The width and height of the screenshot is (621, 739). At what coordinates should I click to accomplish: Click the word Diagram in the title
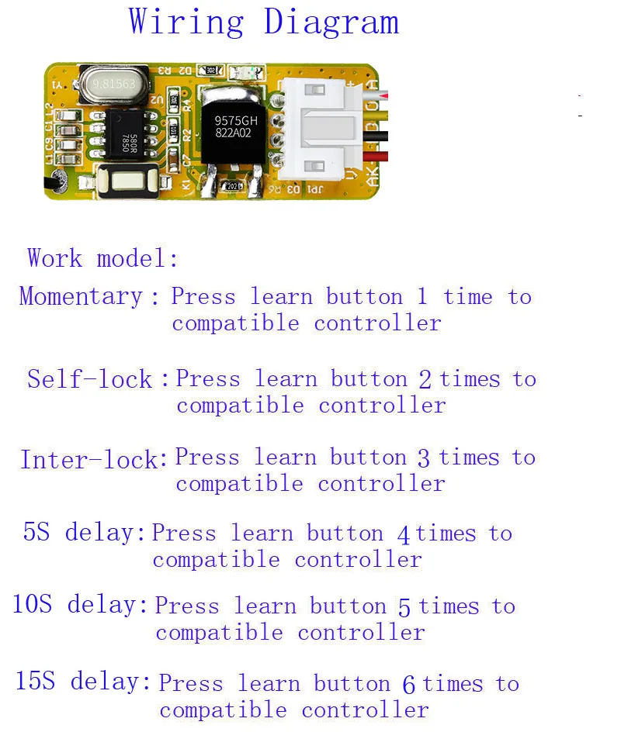point(331,22)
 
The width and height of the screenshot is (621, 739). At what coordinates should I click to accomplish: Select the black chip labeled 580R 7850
point(128,140)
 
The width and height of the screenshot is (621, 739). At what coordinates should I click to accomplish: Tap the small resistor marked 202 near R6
point(231,187)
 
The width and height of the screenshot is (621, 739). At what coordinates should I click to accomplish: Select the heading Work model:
point(102,257)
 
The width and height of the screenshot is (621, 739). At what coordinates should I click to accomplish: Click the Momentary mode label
point(82,296)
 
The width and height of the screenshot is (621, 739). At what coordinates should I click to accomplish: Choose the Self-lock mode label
point(90,379)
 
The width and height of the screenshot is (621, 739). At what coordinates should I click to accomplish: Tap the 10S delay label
point(79,605)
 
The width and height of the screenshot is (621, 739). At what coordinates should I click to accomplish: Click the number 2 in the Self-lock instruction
point(425,380)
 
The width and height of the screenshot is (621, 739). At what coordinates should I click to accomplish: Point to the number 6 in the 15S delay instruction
point(409,685)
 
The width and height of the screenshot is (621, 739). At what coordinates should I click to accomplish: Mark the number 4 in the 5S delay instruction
point(403,534)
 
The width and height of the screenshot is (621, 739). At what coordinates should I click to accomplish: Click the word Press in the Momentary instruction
point(204,297)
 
